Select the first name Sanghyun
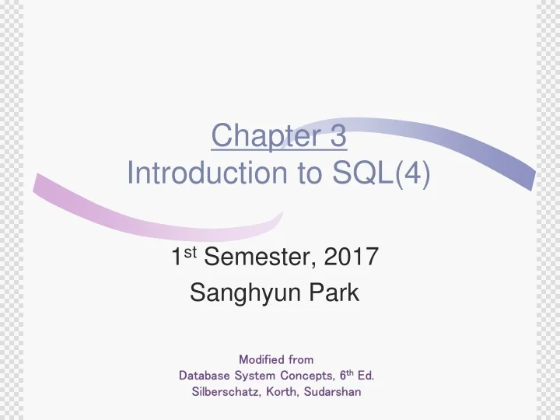pos(236,295)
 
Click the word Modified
pos(261,359)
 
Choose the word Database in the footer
pos(201,376)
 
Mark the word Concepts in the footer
pos(303,376)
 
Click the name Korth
pos(280,392)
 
